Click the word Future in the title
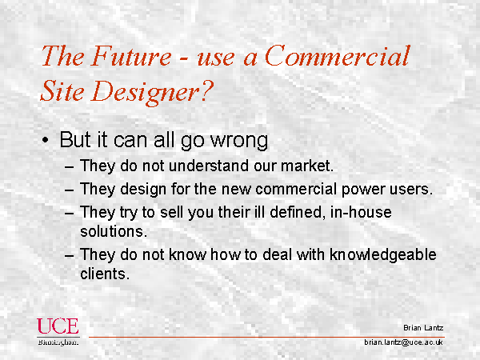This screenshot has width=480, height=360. point(130,56)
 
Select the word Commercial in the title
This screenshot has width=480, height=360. point(337,56)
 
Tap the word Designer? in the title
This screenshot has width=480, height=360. point(152,91)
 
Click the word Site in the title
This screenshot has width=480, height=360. point(62,91)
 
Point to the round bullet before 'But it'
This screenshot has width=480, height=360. point(46,141)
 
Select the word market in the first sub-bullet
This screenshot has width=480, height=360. point(307,166)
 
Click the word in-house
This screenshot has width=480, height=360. point(361,212)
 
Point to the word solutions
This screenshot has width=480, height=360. point(114,231)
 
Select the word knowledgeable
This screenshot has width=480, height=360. point(383,254)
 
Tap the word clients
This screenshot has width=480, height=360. point(104,274)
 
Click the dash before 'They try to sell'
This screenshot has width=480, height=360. point(70,213)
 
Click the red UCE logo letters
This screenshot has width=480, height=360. point(58,326)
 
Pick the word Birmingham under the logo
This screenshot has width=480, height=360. point(58,342)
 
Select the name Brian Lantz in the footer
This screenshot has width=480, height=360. point(423,328)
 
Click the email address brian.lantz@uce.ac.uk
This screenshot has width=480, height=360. point(404,342)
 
